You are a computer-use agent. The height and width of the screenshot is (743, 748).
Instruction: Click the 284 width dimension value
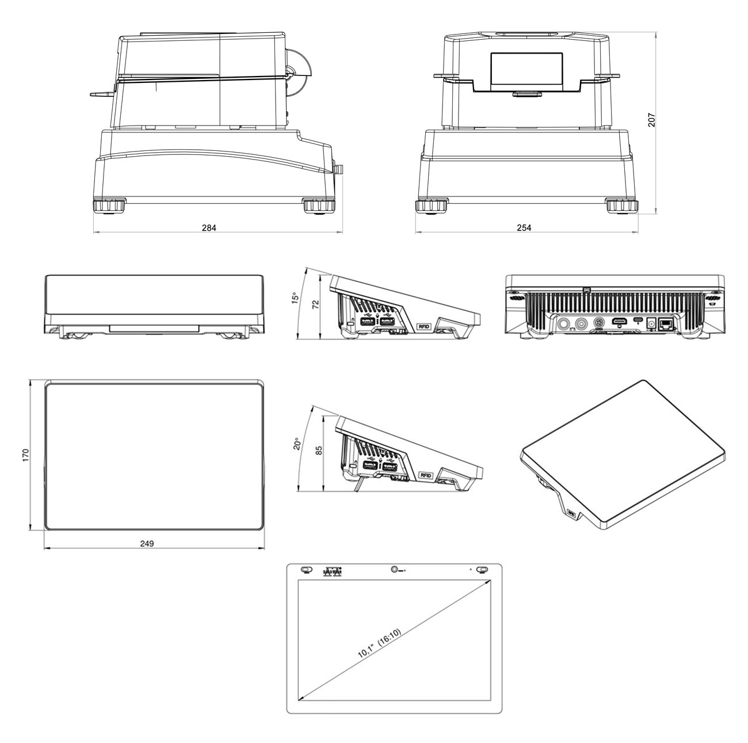pos(209,228)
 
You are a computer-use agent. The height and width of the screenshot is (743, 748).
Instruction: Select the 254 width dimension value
pos(524,228)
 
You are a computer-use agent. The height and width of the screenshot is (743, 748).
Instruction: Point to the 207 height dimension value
pos(651,119)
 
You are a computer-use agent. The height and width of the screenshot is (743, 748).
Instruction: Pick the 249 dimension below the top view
pos(147,543)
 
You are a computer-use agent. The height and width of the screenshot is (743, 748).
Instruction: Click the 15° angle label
pos(295,298)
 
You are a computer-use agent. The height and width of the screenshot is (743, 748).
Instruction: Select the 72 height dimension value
pos(315,305)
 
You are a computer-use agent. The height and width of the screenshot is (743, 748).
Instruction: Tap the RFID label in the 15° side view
pos(424,327)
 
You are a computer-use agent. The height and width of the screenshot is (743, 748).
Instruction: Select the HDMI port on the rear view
pos(619,320)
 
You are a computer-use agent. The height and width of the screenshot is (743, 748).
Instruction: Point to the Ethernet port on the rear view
pos(666,324)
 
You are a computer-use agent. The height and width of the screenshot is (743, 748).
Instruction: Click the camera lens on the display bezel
pos(394,570)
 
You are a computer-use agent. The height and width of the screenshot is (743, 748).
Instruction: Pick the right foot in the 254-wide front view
pos(621,206)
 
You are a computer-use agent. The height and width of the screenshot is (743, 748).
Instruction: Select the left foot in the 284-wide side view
pos(108,206)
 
